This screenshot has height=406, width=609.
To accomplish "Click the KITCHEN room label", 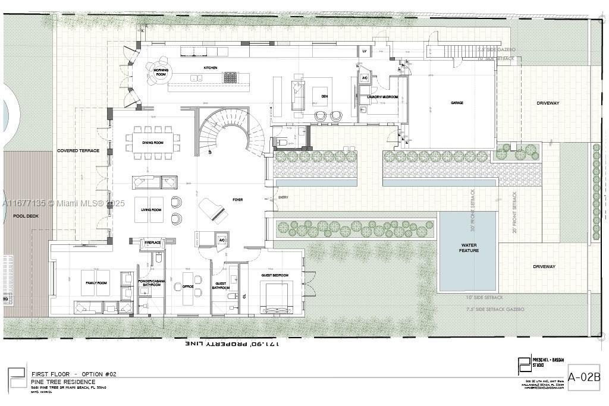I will pos(211,68).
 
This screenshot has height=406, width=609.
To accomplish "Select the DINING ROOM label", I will pos(152,143).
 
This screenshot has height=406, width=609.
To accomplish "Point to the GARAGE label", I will pos(457,103).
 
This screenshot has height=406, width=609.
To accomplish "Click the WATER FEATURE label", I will pos(469,247).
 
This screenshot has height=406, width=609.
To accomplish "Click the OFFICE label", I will pos(180,287).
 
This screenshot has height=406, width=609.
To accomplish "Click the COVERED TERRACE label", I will pos(79,151).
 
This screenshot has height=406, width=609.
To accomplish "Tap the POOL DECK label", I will pos(26,216).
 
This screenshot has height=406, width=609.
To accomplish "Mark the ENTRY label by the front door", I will pos(282,197).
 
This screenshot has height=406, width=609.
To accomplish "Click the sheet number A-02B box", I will pos(584,377).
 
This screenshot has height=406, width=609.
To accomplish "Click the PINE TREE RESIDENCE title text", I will pos(63,382).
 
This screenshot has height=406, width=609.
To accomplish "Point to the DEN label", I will pos(325,96).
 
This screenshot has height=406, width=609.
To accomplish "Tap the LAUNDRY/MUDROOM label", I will pos(382,96).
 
